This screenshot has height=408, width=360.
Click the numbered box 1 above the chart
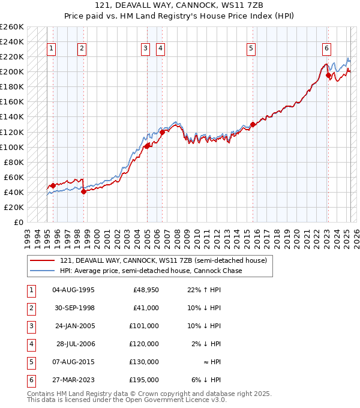click(52, 49)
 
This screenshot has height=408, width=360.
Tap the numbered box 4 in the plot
click(161, 49)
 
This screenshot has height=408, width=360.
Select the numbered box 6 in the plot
click(326, 49)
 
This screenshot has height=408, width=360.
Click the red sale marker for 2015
click(253, 124)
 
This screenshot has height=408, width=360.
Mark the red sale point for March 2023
click(328, 75)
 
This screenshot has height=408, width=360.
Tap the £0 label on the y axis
click(19, 222)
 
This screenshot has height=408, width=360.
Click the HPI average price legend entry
click(151, 271)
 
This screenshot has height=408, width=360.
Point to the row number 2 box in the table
click(30, 308)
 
